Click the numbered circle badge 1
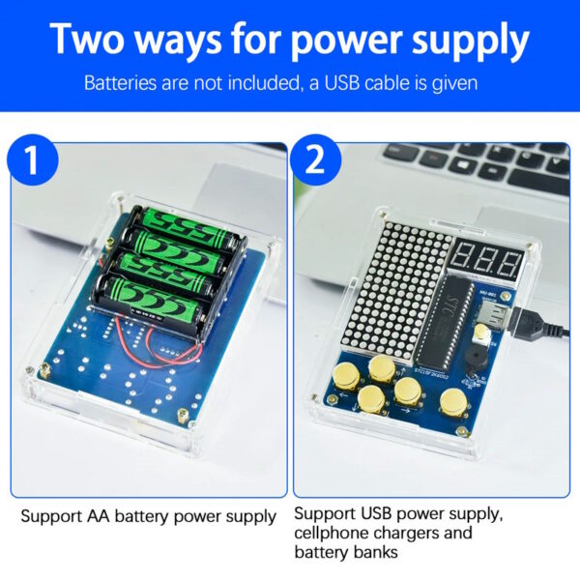[33, 159]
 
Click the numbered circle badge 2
[315, 159]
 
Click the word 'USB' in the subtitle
[342, 83]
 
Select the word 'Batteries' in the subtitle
[120, 83]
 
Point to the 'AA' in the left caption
[99, 516]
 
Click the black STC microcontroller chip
[445, 322]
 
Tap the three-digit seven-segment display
[488, 262]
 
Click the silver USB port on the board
[495, 313]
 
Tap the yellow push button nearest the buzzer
[453, 402]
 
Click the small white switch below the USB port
[480, 333]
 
